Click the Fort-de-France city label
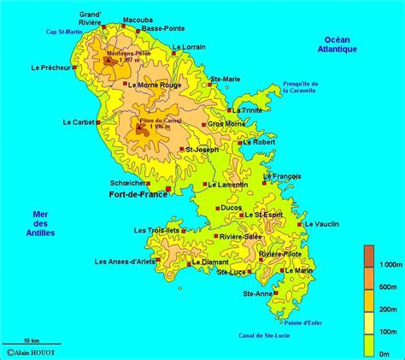(138, 195)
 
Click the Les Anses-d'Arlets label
(124, 261)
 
